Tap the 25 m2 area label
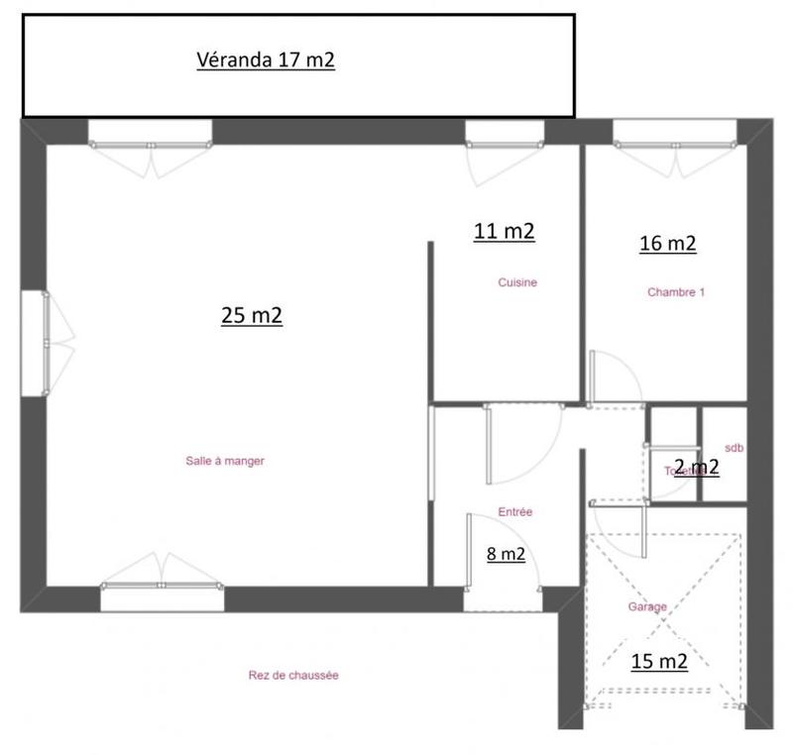pyautogui.click(x=252, y=316)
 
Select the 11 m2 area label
pyautogui.click(x=505, y=231)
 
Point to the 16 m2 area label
pyautogui.click(x=668, y=243)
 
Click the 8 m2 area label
pyautogui.click(x=506, y=555)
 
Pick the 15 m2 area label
pyautogui.click(x=659, y=662)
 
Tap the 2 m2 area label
pyautogui.click(x=696, y=467)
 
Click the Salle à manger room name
pyautogui.click(x=225, y=461)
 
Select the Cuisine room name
pyautogui.click(x=517, y=283)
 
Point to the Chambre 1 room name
pyautogui.click(x=676, y=292)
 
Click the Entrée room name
pyautogui.click(x=515, y=512)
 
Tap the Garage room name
pyautogui.click(x=646, y=607)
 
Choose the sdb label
pyautogui.click(x=735, y=448)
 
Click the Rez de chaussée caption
pyautogui.click(x=293, y=676)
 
